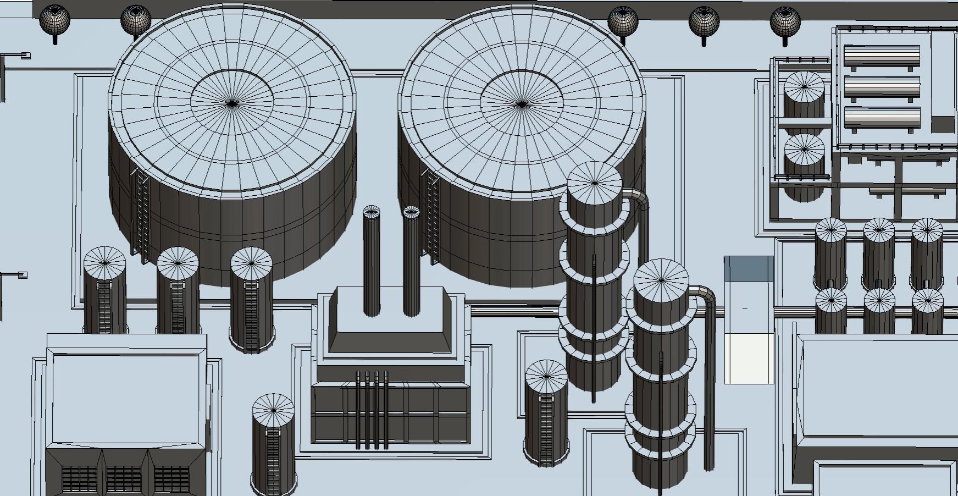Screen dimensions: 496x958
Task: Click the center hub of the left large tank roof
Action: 232,103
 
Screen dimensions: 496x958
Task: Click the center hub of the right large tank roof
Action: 521,103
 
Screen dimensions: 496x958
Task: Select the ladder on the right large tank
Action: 430,214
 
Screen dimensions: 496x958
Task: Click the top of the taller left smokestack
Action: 372,212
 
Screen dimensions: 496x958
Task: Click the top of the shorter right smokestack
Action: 411,212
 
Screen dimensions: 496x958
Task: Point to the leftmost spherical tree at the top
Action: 55,20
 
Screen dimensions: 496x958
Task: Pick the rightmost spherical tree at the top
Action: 785,21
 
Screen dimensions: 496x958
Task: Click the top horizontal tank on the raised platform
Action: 882,56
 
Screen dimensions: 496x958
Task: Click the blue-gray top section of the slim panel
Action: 749,268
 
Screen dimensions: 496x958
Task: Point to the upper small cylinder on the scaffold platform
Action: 804,88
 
